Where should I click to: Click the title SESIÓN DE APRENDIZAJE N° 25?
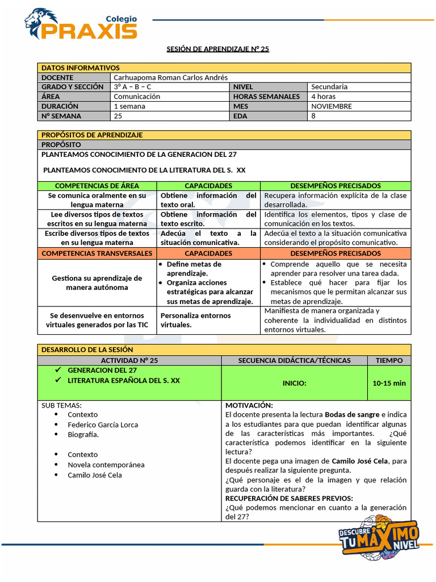coord(217,49)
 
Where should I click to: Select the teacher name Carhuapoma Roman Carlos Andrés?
coord(170,77)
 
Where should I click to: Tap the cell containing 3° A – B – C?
coord(132,87)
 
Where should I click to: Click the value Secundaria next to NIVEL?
coord(329,87)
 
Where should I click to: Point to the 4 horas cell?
coord(323,97)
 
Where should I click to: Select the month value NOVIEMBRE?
coord(332,106)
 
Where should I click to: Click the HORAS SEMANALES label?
coord(266,97)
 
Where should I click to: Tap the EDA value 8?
coord(313,116)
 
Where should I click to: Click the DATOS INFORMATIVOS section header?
coord(81,68)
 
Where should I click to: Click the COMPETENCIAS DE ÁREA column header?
coord(97,186)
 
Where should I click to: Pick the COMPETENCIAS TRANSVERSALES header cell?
coord(97,253)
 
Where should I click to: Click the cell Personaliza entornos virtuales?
coord(196,320)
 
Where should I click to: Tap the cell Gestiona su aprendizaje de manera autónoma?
coord(97,282)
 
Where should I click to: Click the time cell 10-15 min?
coord(389,383)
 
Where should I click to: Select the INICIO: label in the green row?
coord(294,383)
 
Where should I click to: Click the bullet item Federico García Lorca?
coord(103,425)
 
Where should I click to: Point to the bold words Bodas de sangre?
coord(352,415)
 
